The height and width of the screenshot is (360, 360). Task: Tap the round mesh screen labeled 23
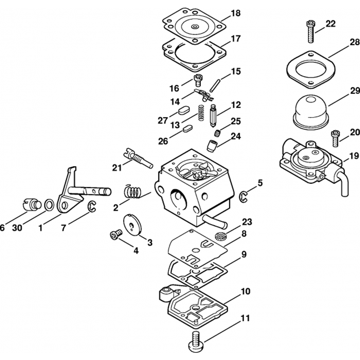coord(220,237)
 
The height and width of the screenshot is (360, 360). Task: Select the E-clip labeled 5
coord(244,196)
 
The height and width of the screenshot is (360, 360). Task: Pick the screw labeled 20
coord(335,138)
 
